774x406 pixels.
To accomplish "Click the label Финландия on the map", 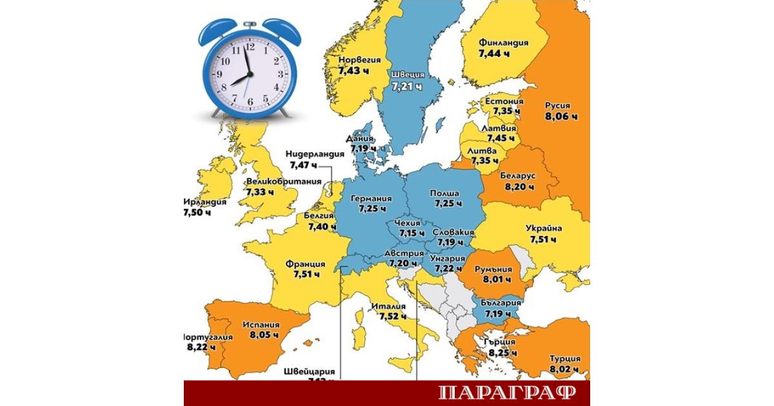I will click(503, 43).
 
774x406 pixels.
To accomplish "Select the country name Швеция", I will click(407, 74).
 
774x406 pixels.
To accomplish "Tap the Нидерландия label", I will click(317, 155).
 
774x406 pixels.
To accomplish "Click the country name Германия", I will click(372, 198).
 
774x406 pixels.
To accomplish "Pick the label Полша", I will click(445, 193).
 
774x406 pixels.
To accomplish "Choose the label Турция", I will click(564, 359).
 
